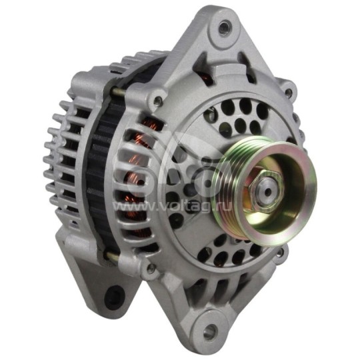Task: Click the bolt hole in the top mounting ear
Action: click(224, 27)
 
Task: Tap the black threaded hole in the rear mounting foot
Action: click(117, 293)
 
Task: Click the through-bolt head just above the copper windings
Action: click(157, 101)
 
